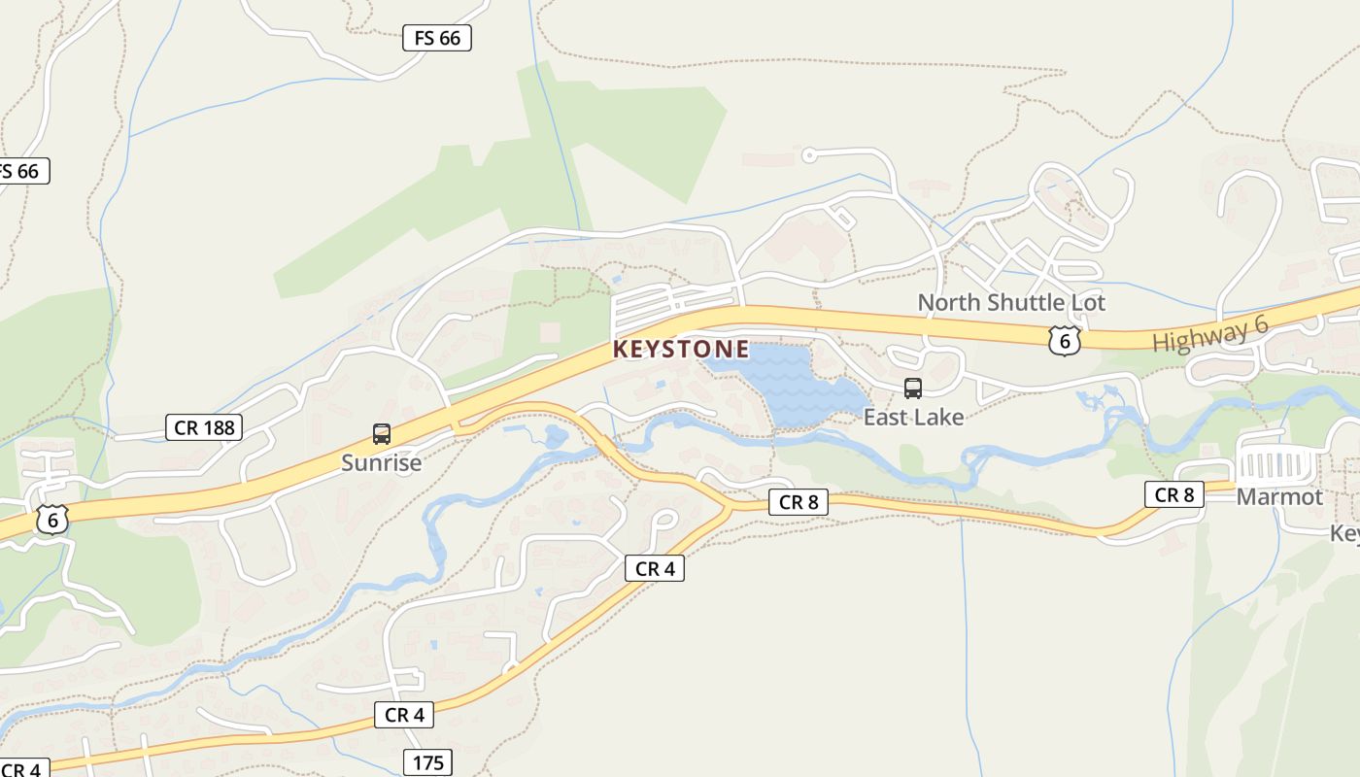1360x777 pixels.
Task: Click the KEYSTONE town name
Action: click(681, 349)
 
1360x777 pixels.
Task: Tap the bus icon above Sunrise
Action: click(382, 434)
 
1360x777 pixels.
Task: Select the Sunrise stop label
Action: click(381, 462)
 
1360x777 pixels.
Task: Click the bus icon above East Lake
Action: click(913, 388)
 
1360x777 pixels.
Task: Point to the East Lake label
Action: click(913, 417)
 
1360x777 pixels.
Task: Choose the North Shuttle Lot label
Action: click(1011, 302)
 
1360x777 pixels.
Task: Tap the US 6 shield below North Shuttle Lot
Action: click(1065, 340)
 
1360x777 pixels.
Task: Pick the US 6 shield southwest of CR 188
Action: click(52, 519)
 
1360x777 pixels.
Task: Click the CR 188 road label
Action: click(203, 427)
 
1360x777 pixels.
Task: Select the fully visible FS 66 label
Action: click(437, 38)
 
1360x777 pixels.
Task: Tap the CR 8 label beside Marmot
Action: click(1173, 494)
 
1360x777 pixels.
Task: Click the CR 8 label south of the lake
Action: click(799, 502)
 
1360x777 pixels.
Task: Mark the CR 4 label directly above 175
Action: click(404, 715)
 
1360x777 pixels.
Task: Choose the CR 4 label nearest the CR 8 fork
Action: click(655, 568)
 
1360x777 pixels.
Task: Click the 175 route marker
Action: click(428, 762)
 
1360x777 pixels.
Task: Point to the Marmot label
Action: click(1278, 497)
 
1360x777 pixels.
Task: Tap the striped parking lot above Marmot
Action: click(1276, 464)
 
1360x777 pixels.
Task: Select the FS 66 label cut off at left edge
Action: click(21, 171)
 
